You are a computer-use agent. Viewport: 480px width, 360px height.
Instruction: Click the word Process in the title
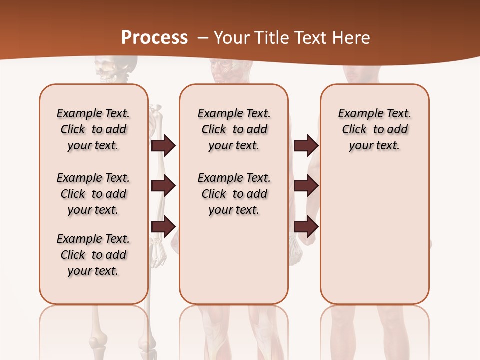tap(154, 38)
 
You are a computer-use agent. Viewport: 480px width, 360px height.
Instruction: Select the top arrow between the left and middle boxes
tap(163, 145)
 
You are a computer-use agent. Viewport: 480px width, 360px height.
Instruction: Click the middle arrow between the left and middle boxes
tap(163, 186)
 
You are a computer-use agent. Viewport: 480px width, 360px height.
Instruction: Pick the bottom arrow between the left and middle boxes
tap(163, 226)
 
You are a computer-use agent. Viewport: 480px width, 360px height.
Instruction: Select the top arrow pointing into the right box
tap(306, 145)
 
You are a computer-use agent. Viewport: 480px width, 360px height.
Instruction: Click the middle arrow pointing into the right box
tap(306, 186)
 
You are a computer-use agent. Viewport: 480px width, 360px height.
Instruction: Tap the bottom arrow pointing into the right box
tap(306, 226)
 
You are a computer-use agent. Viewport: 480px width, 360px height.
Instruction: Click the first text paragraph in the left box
tap(93, 129)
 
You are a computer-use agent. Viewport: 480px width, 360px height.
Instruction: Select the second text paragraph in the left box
tap(93, 194)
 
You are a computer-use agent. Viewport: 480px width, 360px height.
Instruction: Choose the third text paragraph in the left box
tap(93, 255)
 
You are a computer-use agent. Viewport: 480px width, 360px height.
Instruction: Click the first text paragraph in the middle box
tap(234, 129)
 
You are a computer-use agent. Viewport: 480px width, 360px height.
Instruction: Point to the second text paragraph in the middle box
tap(234, 194)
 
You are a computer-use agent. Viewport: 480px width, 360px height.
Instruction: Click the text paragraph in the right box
tap(374, 129)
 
